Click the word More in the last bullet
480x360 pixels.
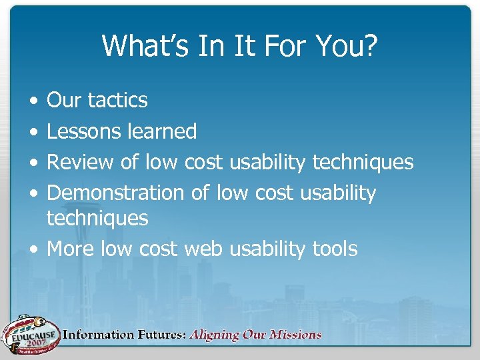[71, 249]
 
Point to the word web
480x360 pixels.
[204, 249]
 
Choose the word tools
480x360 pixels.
[335, 249]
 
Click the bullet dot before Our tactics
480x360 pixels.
[33, 101]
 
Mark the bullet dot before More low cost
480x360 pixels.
[33, 249]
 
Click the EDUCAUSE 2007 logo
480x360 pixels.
[29, 333]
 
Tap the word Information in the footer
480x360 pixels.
[95, 335]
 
